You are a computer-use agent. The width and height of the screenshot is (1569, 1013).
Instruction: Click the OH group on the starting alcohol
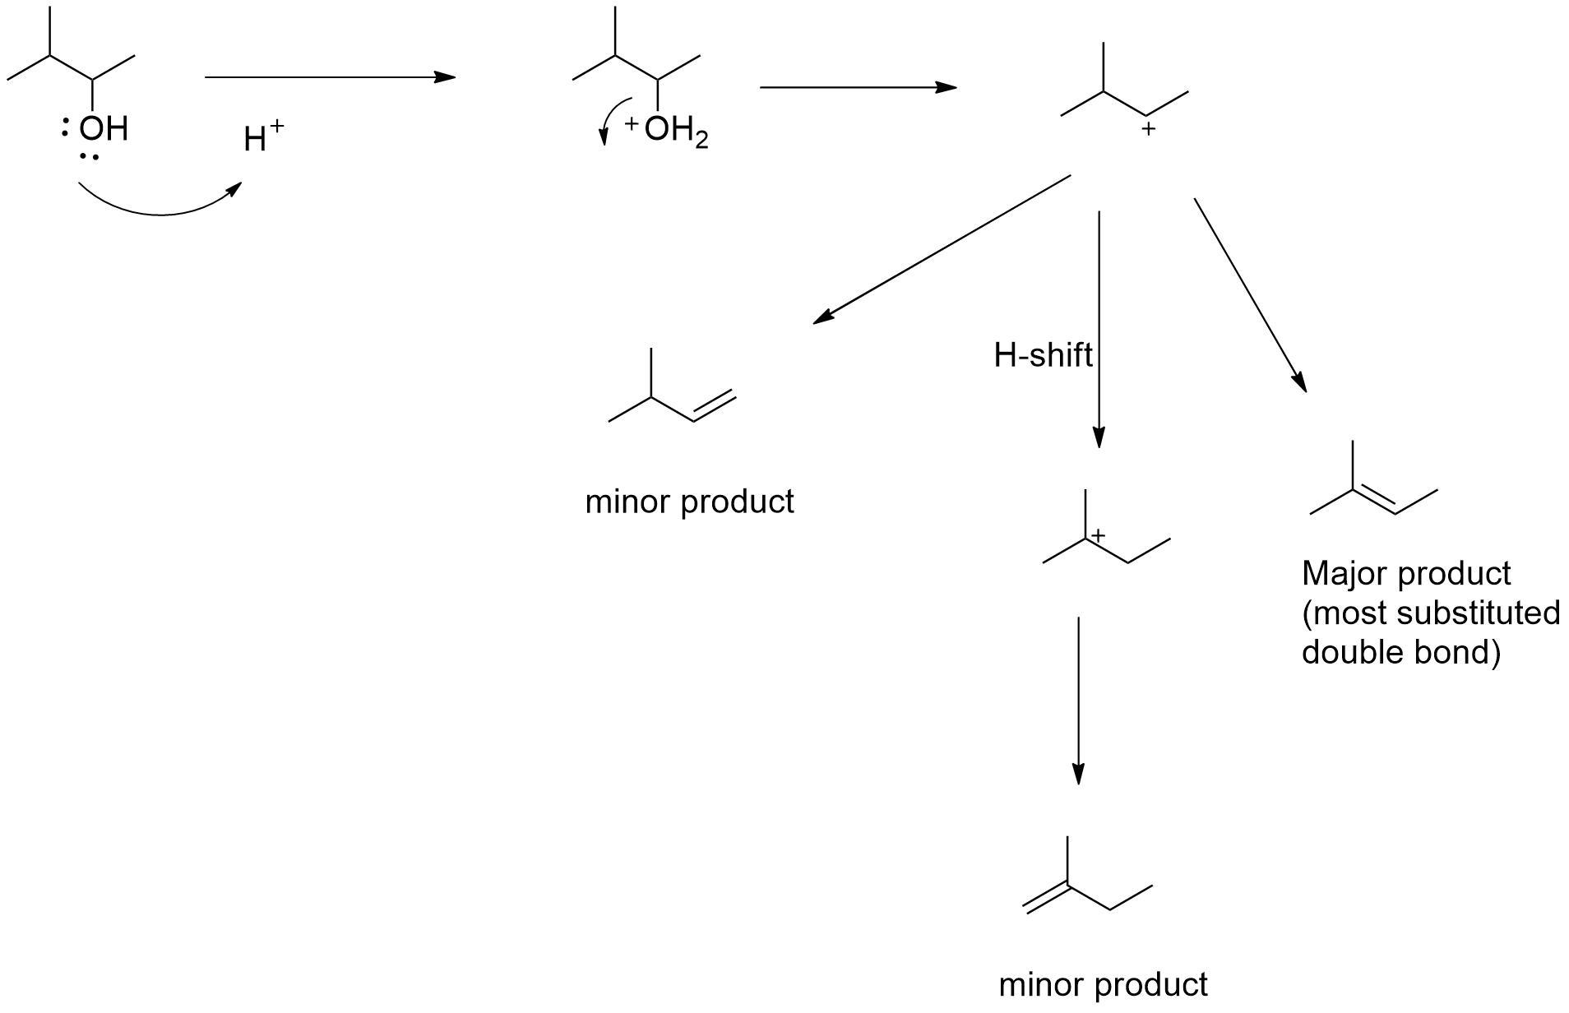pos(103,128)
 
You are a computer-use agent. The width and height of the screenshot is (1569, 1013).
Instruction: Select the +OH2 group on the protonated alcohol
pos(668,130)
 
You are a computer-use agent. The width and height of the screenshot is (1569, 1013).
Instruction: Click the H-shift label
pos(1043,355)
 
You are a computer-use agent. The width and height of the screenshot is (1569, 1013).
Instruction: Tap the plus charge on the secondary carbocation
pos(1148,129)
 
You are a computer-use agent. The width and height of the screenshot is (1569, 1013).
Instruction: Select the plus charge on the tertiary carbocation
pos(1098,535)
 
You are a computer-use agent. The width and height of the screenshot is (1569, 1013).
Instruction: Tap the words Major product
pos(1405,573)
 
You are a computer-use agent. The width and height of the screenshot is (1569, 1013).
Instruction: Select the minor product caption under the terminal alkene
pos(689,502)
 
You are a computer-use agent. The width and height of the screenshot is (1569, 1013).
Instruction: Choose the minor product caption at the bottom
pos(1103,984)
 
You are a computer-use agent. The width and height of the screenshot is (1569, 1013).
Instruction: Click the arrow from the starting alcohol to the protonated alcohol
pos(329,77)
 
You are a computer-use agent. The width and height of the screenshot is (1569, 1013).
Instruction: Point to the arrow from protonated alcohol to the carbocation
pos(858,86)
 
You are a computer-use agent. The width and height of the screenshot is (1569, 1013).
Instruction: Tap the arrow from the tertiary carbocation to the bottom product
pos(1078,700)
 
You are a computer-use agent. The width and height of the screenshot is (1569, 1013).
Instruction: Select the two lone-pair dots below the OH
pos(90,156)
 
